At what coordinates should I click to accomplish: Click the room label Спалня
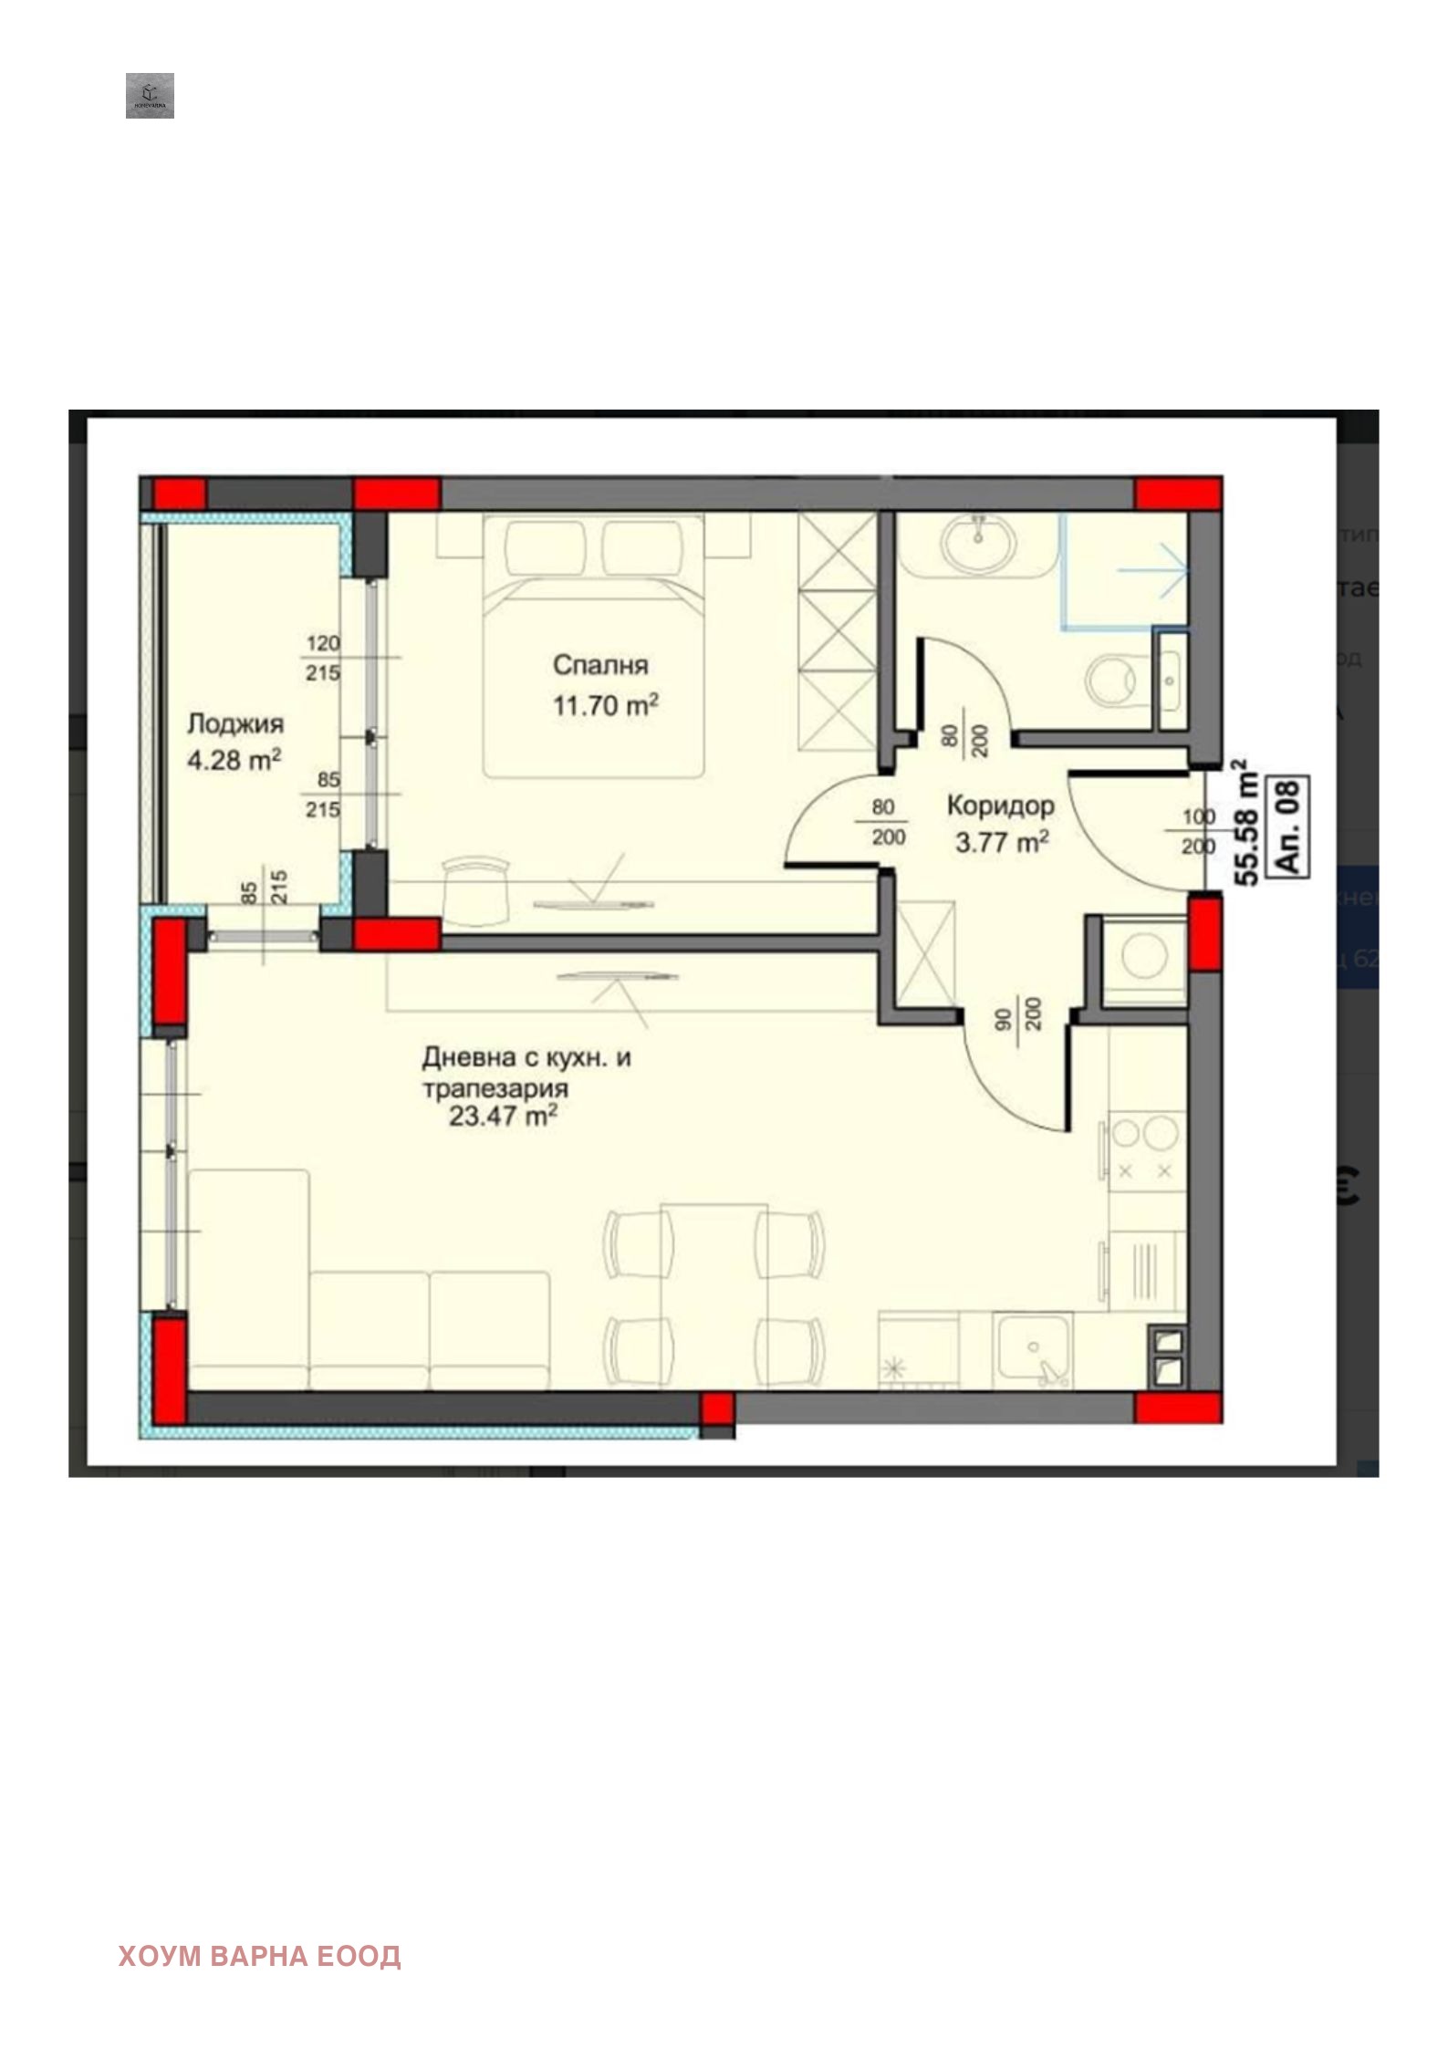[599, 665]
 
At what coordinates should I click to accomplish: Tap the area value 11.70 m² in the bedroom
[605, 705]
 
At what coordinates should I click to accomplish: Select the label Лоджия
[235, 724]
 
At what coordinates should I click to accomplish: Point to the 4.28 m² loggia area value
[234, 760]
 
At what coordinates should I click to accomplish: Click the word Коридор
[1000, 806]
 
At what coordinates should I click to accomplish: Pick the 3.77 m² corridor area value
[1001, 843]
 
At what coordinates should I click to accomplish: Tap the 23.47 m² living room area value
[502, 1117]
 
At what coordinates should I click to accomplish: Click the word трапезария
[495, 1088]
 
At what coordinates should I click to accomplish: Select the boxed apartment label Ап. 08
[1289, 827]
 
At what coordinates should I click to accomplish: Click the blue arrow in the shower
[1154, 571]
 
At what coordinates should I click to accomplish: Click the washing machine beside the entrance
[1144, 958]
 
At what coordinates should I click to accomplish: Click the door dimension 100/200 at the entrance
[1198, 831]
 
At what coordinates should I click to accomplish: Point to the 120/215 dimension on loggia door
[323, 658]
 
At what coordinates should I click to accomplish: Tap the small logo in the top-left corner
[150, 96]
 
